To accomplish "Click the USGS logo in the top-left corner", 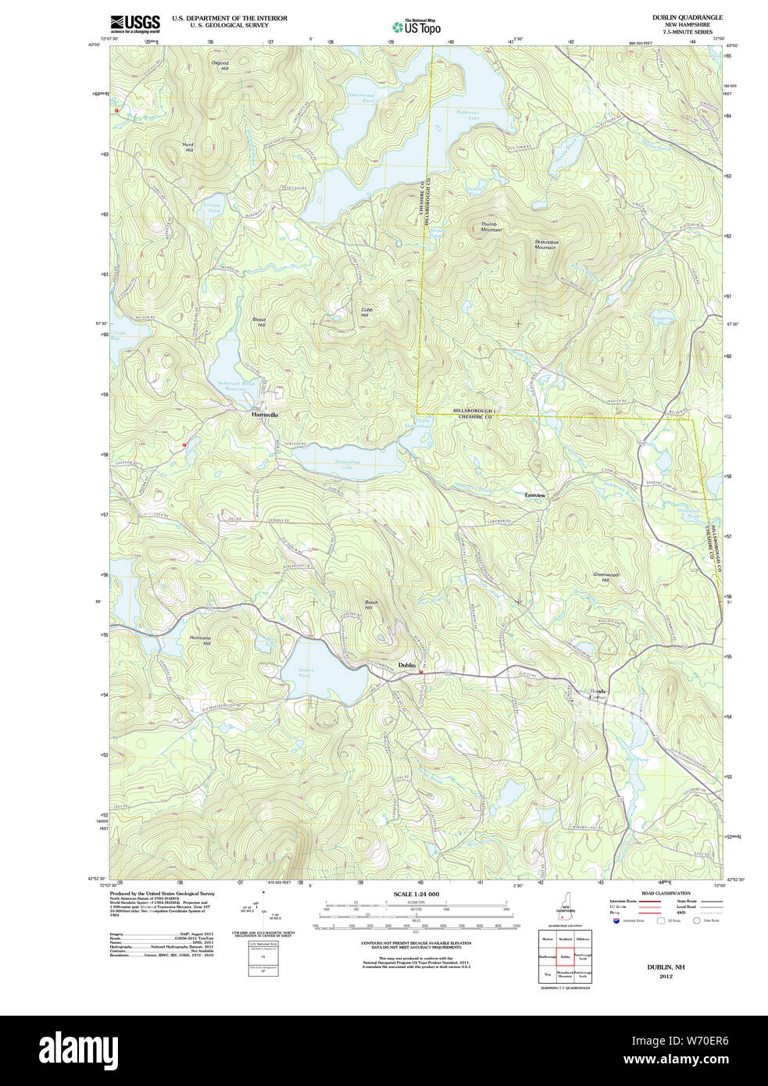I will click(134, 23).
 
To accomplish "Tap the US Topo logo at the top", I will click(416, 27).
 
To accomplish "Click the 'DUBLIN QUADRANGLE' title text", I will click(687, 17).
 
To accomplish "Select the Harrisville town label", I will click(264, 415).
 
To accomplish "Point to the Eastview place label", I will click(535, 495).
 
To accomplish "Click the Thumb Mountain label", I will click(491, 227).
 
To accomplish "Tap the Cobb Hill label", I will click(366, 312).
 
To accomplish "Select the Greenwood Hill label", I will click(605, 577).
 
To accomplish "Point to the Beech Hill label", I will click(371, 604).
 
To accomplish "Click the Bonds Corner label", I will click(598, 694).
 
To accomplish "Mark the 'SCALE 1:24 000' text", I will click(416, 894).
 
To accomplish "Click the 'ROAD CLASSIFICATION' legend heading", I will click(666, 893).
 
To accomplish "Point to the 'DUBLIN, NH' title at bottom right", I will click(665, 966).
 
